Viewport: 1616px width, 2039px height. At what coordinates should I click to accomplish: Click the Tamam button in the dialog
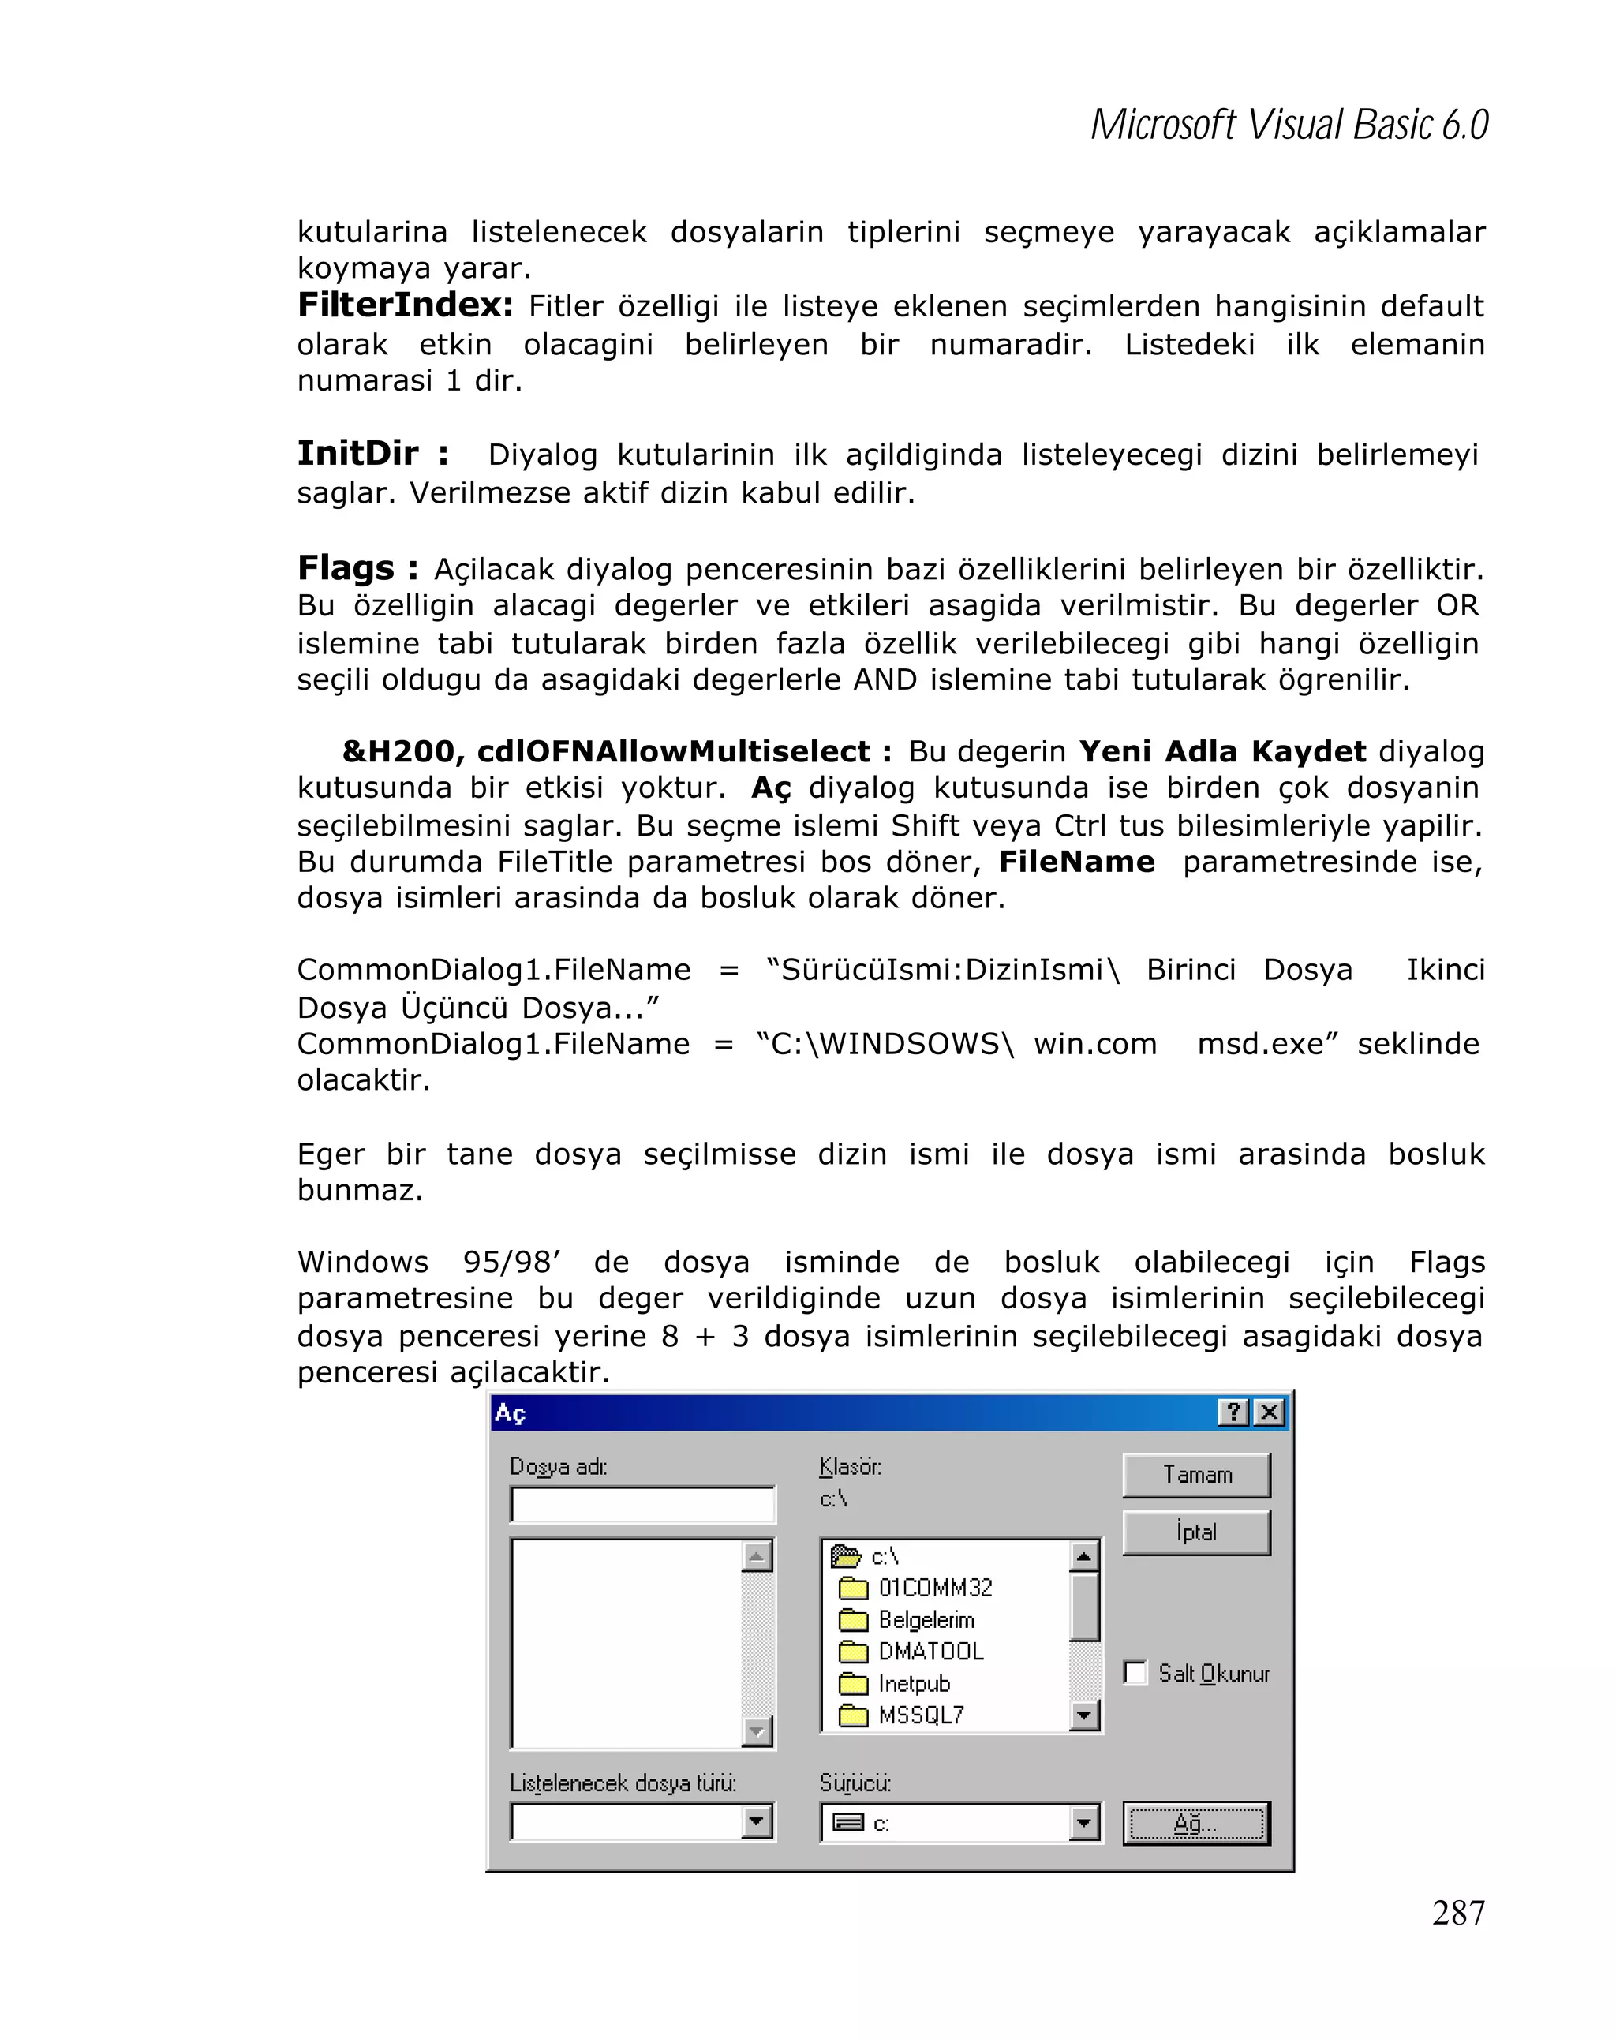click(1195, 1474)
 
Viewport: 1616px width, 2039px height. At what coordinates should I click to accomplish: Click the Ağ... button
click(1195, 1823)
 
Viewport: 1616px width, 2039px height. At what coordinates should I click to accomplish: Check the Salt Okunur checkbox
click(1135, 1672)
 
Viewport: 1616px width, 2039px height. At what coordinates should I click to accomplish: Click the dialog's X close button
click(1269, 1412)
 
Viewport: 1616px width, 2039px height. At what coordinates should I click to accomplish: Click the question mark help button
click(1232, 1412)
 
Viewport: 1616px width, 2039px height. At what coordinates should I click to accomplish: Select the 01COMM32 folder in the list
click(933, 1587)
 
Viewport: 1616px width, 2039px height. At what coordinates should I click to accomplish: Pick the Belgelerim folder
click(925, 1619)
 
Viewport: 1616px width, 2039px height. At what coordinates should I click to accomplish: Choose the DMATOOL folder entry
click(930, 1652)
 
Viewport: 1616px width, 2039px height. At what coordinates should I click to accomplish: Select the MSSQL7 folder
click(920, 1715)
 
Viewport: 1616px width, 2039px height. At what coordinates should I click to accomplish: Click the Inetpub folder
click(912, 1683)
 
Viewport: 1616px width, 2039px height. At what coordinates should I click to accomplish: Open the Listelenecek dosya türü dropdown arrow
click(757, 1821)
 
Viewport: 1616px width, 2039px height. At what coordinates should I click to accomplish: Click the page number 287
click(1457, 1912)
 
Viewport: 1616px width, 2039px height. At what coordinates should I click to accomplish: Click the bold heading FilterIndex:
click(405, 305)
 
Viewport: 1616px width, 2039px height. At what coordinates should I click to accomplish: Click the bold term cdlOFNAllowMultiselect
click(672, 751)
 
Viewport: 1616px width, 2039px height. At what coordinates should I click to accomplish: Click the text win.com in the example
click(1094, 1044)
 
